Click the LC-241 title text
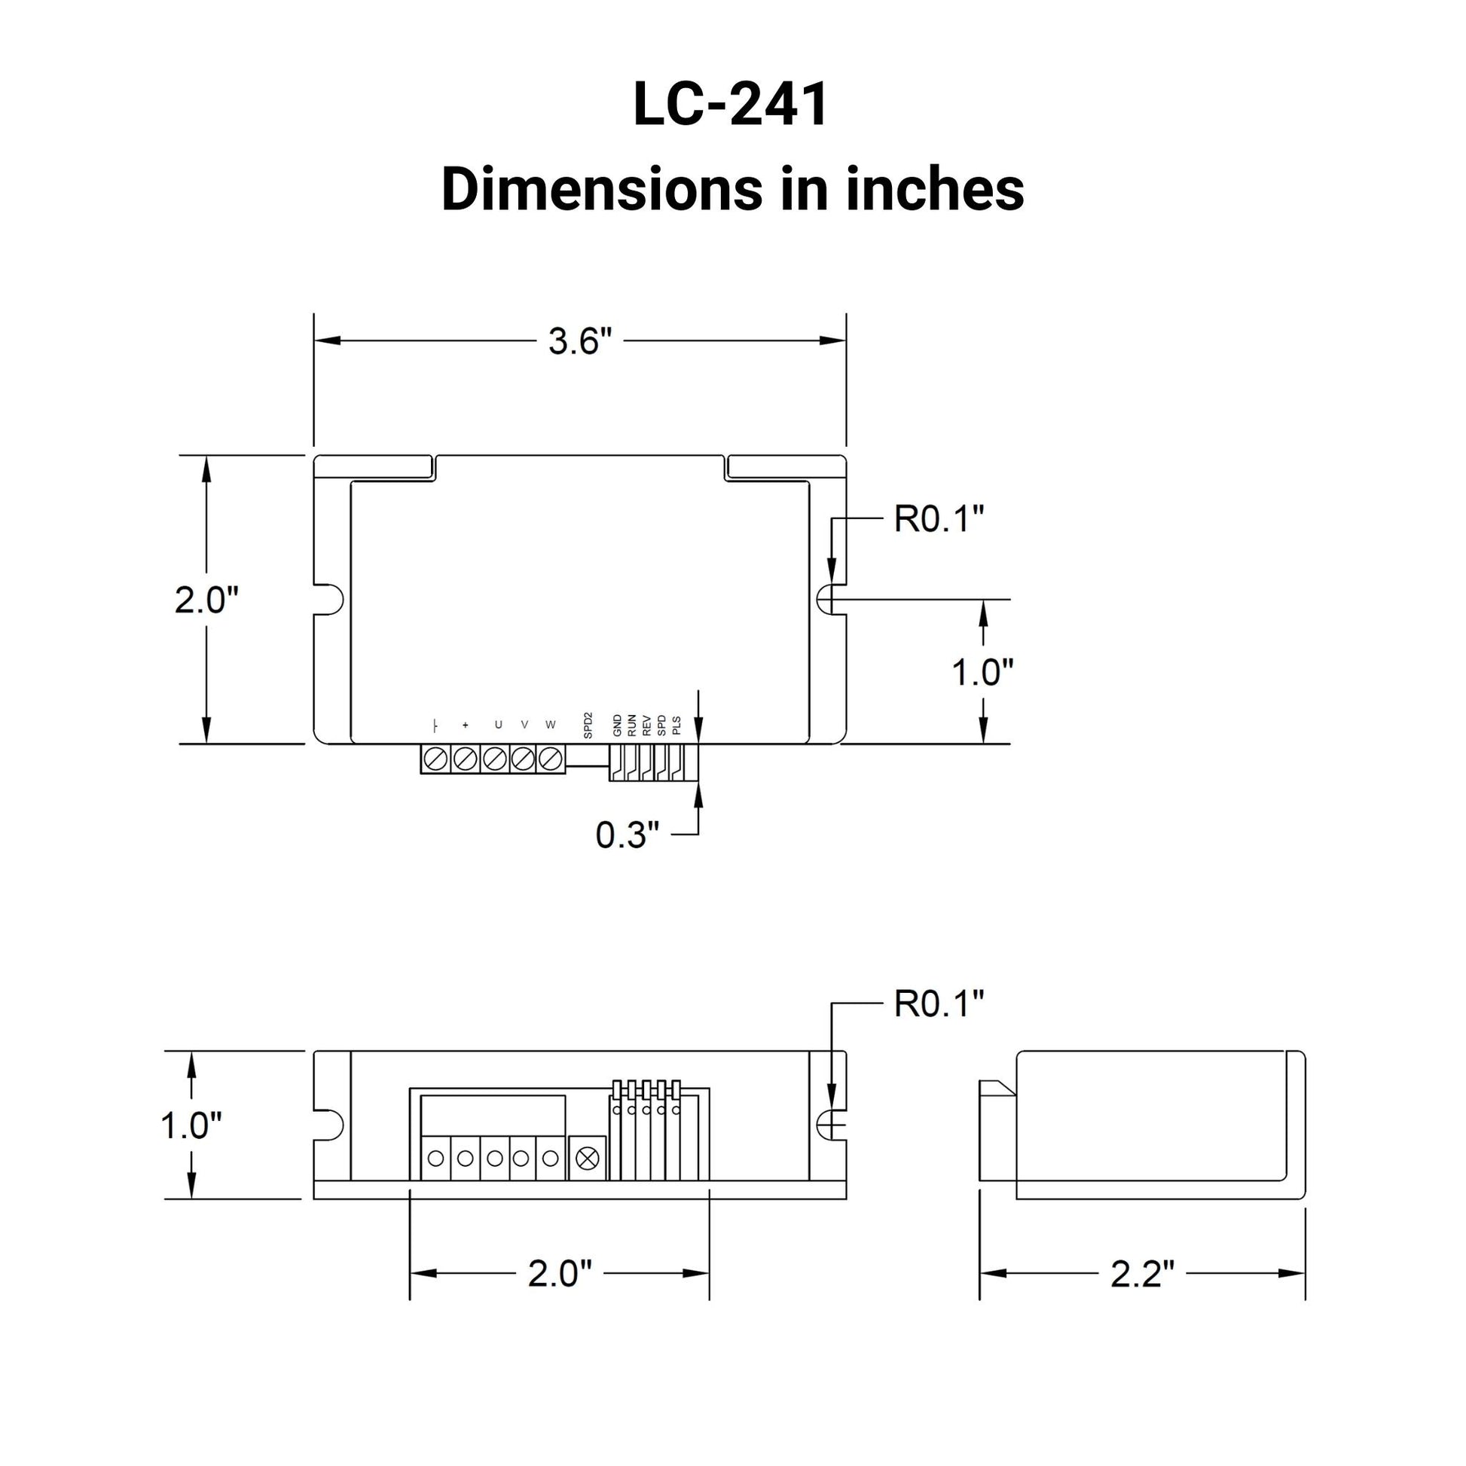[x=731, y=105]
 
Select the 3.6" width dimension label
[x=580, y=341]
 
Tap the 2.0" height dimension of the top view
[x=206, y=600]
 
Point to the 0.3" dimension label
[x=627, y=835]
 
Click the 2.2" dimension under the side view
[x=1142, y=1274]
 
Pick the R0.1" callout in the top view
[x=939, y=520]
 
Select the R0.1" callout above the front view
[x=939, y=1004]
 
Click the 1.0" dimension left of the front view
[x=191, y=1125]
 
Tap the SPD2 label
[x=588, y=725]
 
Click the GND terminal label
[x=617, y=725]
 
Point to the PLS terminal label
[x=676, y=726]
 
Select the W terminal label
[x=550, y=725]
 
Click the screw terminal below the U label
[x=495, y=758]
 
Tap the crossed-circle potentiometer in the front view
[x=588, y=1159]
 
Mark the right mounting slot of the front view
[x=831, y=1125]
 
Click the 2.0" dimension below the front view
[x=559, y=1274]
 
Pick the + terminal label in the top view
[x=465, y=725]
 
